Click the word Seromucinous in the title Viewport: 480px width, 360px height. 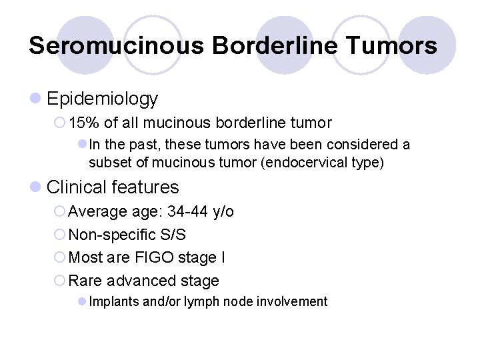pos(116,45)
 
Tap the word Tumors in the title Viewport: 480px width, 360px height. pos(393,45)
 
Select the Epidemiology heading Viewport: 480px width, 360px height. pos(102,99)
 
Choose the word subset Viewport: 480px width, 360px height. pos(109,163)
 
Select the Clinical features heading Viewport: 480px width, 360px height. pos(113,187)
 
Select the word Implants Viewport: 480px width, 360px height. pos(114,302)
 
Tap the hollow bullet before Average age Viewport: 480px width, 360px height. pos(59,212)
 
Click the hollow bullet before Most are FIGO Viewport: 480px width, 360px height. pos(59,257)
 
